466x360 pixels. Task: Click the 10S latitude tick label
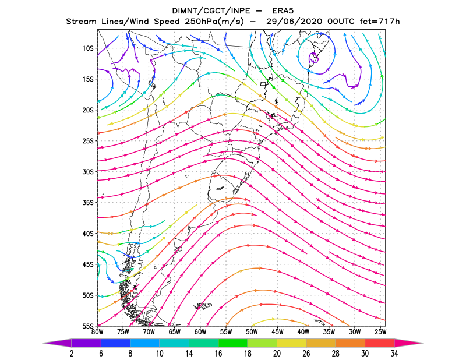88,48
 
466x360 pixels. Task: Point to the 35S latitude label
88,203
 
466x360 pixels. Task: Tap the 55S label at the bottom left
88,326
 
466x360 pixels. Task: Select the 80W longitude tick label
97,333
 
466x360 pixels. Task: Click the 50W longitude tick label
252,333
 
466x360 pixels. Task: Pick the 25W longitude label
380,333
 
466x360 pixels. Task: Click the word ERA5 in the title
283,11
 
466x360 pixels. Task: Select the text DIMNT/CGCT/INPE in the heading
211,11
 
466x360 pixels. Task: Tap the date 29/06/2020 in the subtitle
294,22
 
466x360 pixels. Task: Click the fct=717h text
380,22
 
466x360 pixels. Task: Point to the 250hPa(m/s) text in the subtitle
214,22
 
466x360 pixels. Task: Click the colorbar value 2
72,354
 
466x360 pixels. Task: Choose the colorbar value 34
394,354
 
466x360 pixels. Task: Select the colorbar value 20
277,354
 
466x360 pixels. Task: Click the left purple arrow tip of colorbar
43,343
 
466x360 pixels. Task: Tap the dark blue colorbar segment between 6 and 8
115,343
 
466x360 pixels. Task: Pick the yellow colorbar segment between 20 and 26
292,343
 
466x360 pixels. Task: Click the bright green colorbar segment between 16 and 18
233,343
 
